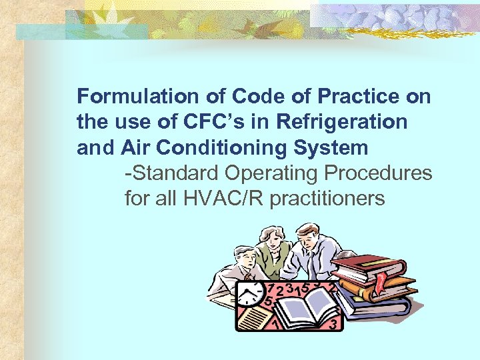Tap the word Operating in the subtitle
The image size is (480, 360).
pos(272,173)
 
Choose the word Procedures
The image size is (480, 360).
pos(378,173)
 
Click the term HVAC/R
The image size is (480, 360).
pos(227,198)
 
